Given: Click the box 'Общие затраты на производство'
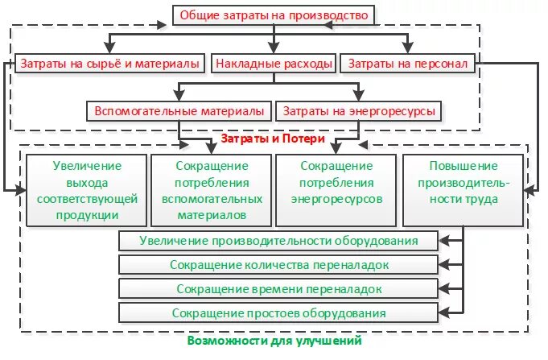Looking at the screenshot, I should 274,15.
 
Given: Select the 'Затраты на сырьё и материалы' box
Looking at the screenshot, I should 109,62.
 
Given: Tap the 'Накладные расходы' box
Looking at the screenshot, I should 274,62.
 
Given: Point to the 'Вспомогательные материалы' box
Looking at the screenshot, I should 179,110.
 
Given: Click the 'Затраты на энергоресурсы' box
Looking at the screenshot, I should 358,110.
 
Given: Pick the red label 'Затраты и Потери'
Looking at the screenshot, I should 273,139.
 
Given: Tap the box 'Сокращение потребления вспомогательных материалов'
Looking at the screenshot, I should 212,190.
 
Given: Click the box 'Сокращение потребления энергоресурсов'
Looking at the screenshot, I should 336,190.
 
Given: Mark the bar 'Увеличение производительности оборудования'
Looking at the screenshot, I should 278,241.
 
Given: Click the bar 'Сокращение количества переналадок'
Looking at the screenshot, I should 278,265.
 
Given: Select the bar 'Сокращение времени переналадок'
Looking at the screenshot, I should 278,288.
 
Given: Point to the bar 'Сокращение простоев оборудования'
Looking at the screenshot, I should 278,312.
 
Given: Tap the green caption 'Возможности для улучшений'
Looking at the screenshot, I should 274,341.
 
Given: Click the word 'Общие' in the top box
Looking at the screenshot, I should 198,15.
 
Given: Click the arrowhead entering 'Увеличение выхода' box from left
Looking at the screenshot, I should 22,191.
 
